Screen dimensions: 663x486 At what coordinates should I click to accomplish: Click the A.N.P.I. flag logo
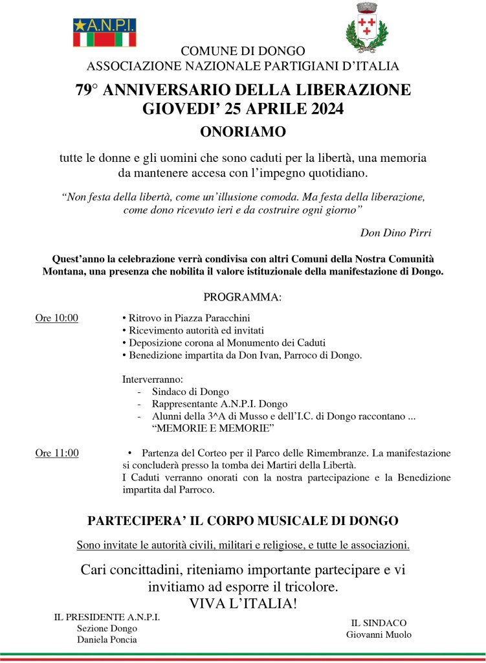click(104, 32)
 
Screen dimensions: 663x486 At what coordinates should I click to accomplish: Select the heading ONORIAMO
click(243, 133)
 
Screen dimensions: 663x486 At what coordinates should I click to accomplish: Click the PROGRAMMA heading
click(243, 297)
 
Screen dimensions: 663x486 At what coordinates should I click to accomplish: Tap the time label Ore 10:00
click(56, 318)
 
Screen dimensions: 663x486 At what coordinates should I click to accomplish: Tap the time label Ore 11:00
click(56, 453)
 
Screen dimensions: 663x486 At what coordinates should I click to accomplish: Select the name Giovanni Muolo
click(379, 634)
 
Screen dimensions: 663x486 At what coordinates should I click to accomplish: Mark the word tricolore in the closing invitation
click(307, 587)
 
